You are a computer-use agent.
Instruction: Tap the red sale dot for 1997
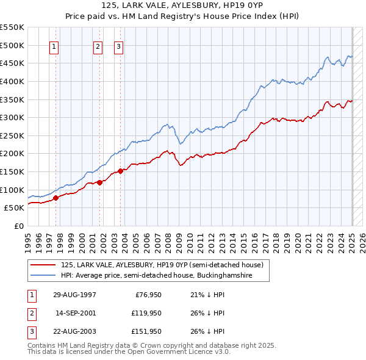[x=56, y=198]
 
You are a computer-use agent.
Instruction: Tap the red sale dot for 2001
[x=99, y=182]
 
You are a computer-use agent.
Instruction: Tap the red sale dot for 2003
[x=120, y=171]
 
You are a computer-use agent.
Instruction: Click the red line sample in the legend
[x=43, y=265]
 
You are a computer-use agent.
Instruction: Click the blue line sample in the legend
[x=43, y=276]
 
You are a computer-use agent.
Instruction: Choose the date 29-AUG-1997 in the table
[x=74, y=295]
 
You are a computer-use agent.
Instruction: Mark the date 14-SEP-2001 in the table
[x=76, y=313]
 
